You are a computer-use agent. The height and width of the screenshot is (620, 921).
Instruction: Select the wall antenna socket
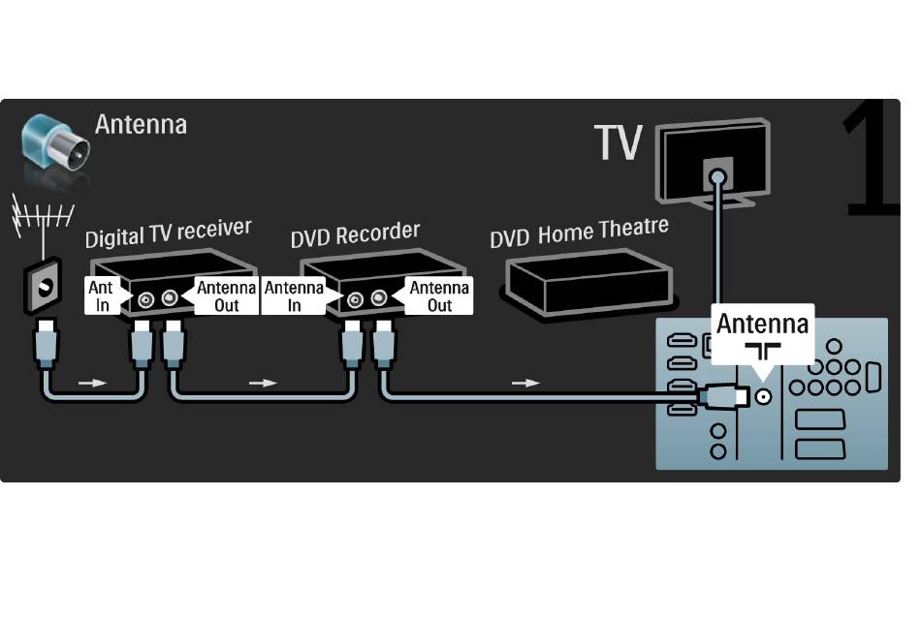tap(43, 287)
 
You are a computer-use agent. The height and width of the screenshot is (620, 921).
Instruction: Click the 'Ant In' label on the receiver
tap(102, 295)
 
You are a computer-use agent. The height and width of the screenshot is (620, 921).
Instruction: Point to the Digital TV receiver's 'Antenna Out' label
tap(226, 295)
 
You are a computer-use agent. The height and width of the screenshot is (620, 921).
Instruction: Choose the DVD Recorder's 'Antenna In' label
tap(294, 295)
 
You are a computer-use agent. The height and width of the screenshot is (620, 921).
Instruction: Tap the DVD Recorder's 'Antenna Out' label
tap(438, 295)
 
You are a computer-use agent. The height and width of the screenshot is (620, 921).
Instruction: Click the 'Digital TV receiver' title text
tap(168, 232)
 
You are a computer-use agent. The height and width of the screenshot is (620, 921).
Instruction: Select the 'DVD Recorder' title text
tap(355, 233)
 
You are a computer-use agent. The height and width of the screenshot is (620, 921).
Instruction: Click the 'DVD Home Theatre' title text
tap(579, 232)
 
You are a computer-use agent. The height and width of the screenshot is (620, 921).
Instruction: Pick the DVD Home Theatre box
tap(588, 284)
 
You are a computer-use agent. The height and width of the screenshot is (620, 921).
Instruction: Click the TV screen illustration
tap(713, 163)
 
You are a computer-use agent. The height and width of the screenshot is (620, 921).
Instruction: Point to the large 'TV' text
tap(618, 142)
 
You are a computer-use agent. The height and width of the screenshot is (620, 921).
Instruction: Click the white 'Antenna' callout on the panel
tap(762, 334)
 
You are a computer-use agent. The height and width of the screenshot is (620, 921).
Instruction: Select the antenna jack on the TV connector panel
tap(763, 397)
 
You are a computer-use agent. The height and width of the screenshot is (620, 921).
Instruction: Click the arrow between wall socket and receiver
tap(93, 383)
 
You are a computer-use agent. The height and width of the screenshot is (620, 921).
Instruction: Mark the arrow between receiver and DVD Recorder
tap(263, 383)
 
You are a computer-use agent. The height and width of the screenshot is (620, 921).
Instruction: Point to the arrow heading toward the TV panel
tap(525, 383)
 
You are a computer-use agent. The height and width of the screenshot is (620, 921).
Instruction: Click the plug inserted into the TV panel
tap(722, 396)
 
